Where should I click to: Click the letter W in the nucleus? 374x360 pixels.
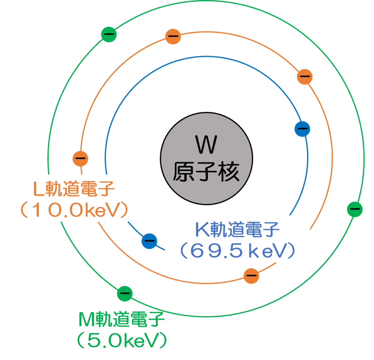click(206, 145)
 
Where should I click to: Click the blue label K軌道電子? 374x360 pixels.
click(237, 231)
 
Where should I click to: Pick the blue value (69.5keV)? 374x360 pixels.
click(237, 250)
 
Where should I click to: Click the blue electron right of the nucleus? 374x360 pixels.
click(302, 129)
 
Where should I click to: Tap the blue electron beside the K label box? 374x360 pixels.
click(149, 240)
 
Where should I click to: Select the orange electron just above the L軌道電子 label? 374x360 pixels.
click(81, 158)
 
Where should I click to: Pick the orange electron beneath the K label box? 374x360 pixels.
click(251, 275)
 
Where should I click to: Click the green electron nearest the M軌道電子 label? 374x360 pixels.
click(125, 293)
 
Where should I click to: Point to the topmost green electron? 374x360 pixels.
click(109, 34)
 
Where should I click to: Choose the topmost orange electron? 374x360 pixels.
click(173, 37)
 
